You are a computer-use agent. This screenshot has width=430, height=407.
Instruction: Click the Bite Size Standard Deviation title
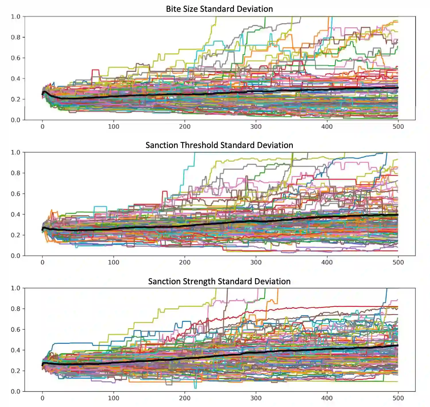coord(219,9)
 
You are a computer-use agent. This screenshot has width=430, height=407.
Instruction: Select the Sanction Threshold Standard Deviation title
coord(219,145)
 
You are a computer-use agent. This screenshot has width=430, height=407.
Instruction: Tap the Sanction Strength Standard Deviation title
coord(219,281)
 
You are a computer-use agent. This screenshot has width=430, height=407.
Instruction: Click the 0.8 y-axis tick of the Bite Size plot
coord(16,37)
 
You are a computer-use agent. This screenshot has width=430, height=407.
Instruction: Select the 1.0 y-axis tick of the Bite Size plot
coord(16,17)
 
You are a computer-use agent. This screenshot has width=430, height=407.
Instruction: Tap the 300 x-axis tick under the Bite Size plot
coord(256,127)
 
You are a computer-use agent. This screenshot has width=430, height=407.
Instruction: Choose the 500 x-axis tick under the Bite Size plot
coord(398,127)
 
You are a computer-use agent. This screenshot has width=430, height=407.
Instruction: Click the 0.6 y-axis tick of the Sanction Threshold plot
coord(16,194)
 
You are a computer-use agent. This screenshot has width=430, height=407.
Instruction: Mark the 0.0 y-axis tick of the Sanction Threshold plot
coord(16,256)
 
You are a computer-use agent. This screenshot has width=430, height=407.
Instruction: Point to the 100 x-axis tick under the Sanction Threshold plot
coord(114,262)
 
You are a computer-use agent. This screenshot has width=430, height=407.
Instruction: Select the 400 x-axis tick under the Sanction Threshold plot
coord(327,262)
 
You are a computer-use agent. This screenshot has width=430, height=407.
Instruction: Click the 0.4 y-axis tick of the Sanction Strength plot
coord(16,350)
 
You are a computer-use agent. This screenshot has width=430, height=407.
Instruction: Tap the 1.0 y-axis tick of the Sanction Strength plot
coord(16,288)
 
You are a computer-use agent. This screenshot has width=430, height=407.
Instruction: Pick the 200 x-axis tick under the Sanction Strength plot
coord(185,398)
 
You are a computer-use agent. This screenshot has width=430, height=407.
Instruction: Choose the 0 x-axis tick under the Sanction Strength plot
coord(42,398)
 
